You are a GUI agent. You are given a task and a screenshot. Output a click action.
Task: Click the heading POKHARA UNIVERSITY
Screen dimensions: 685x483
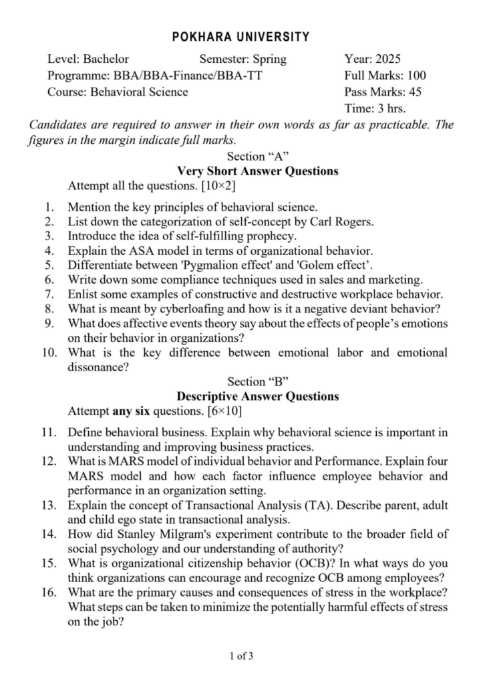241,37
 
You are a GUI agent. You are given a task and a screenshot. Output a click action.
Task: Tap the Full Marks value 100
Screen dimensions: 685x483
414,76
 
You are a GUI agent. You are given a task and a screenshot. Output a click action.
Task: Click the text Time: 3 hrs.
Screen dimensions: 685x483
375,108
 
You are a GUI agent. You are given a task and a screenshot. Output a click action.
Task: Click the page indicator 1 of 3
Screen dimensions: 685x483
241,656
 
